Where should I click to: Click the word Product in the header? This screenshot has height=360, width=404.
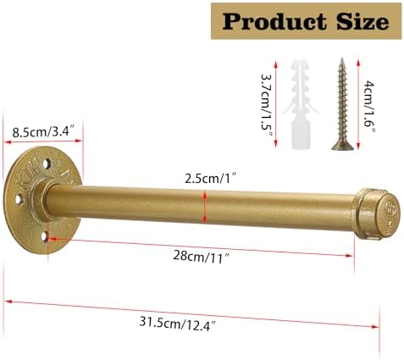pos(274,21)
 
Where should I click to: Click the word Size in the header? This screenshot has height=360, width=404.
pos(362,21)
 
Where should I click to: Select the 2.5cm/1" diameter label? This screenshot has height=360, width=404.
pos(209,179)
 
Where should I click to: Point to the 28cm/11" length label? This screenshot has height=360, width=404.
pos(201,258)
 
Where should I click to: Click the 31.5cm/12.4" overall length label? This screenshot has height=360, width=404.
pos(178,324)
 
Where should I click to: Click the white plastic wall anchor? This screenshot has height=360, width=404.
pos(301,104)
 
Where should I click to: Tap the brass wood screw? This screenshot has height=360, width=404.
pos(342,104)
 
